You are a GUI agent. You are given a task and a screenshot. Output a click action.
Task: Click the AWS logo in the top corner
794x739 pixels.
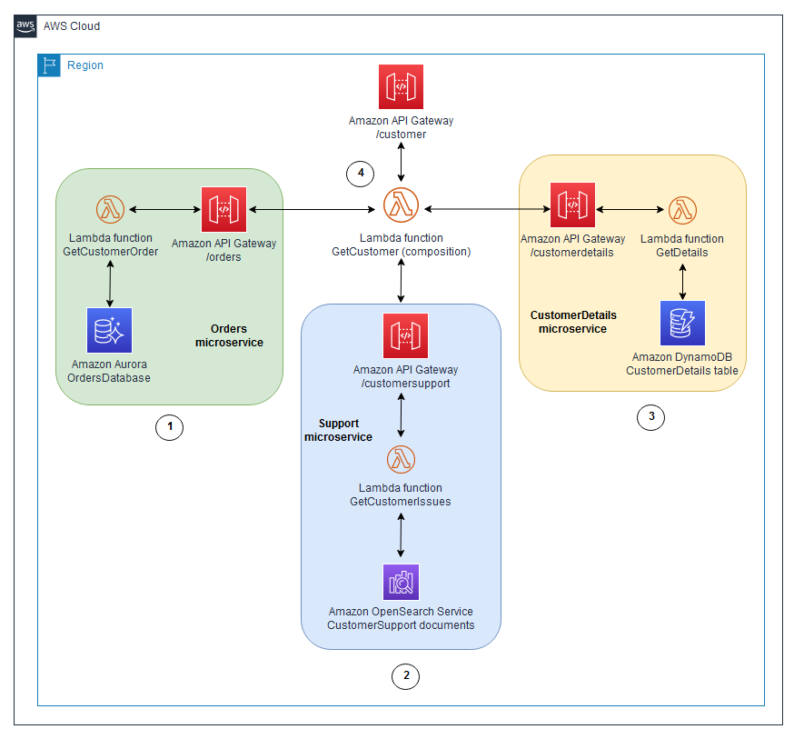tap(26, 26)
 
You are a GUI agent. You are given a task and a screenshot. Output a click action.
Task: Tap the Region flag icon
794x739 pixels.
tap(49, 65)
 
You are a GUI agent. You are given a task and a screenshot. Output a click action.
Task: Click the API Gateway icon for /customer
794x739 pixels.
tap(401, 87)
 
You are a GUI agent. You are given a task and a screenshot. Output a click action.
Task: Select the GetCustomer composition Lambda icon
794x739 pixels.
tap(401, 206)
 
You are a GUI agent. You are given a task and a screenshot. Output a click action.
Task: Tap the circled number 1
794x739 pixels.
tap(169, 427)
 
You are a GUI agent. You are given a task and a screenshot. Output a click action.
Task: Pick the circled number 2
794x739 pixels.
tap(405, 675)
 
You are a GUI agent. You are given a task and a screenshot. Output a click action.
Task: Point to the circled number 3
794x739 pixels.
tap(650, 417)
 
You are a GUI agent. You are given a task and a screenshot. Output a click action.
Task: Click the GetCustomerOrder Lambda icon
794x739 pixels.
tap(110, 210)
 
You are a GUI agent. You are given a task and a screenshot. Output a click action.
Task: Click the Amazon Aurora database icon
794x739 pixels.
tap(110, 330)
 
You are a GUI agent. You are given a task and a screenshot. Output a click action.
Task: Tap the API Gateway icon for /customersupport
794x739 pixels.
tap(405, 336)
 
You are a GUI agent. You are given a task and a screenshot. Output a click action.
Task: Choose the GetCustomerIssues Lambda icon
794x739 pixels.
tap(401, 460)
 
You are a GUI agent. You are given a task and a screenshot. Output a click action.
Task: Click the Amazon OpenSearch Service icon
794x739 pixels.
tap(401, 582)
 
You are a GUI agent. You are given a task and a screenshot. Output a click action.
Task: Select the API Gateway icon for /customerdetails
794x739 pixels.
tap(572, 205)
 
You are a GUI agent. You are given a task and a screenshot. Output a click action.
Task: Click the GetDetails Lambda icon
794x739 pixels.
tap(682, 210)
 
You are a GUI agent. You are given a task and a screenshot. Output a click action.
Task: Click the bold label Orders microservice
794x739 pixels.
tap(229, 335)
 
